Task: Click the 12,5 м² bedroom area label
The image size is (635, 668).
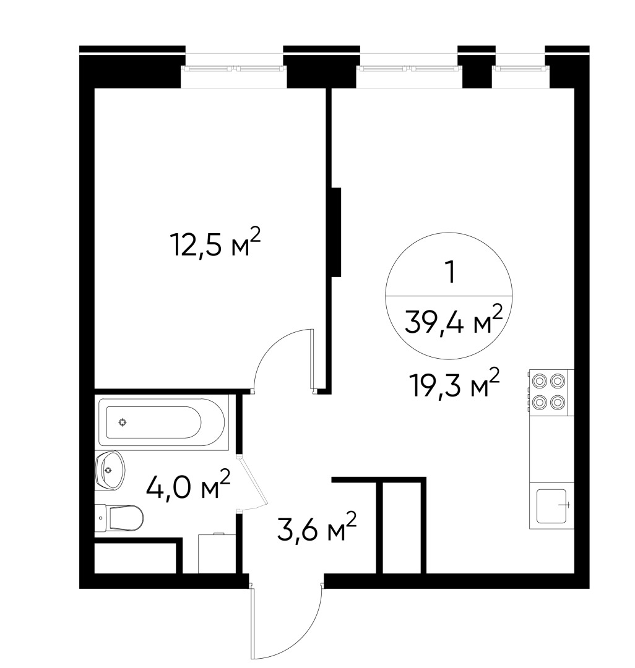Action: [x=215, y=243]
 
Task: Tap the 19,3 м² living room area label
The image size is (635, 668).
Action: [x=454, y=383]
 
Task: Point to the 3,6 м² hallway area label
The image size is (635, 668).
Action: [x=317, y=526]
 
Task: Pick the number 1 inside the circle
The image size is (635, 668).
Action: [x=449, y=272]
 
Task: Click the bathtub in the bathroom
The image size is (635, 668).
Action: [x=162, y=422]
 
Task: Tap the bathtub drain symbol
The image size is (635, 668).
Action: [x=123, y=422]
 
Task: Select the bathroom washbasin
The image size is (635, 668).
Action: [x=110, y=470]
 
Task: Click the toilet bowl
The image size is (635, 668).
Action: [x=119, y=518]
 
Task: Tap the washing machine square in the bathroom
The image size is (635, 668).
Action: [x=217, y=553]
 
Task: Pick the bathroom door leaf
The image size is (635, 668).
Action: [x=254, y=481]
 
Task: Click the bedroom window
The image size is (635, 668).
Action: [x=233, y=68]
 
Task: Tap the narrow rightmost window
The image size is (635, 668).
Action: [x=520, y=68]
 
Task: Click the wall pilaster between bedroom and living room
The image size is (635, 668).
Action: [x=336, y=232]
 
